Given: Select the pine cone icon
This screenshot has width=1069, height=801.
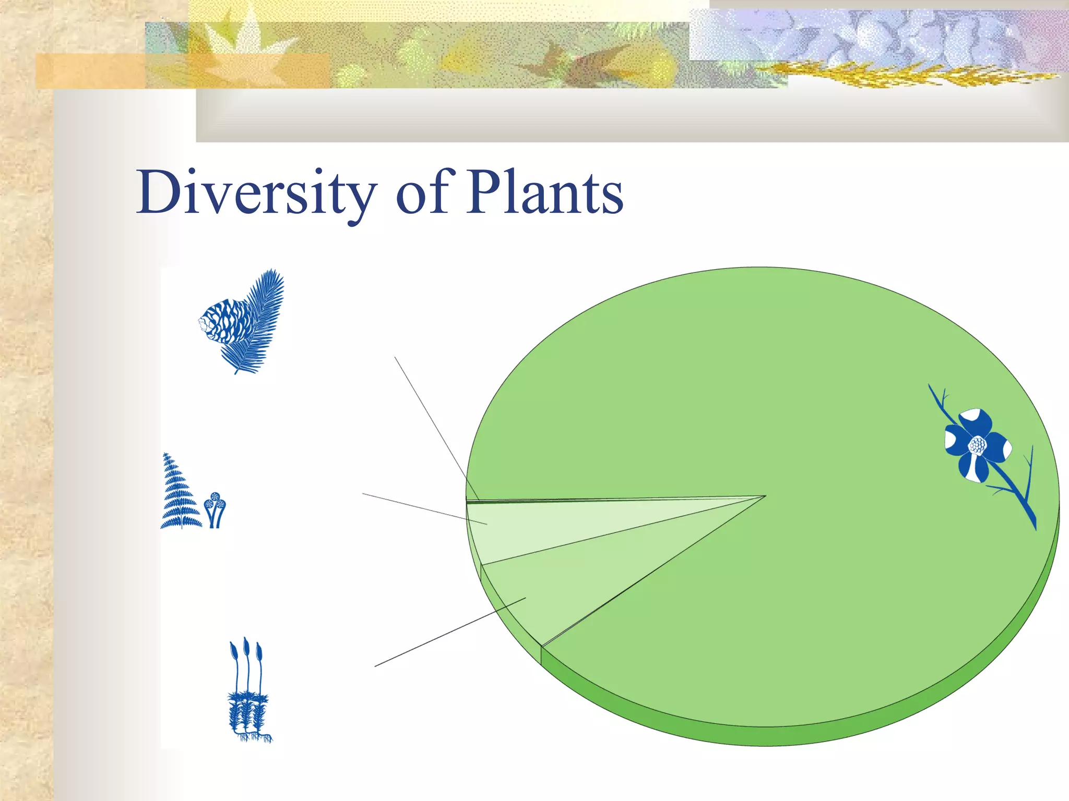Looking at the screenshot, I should pos(225,321).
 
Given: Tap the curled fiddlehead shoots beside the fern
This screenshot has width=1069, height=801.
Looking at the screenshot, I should pos(215,509).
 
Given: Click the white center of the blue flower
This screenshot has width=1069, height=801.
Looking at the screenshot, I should pos(977,445).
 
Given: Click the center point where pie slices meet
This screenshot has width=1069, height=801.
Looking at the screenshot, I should pos(765,496).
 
